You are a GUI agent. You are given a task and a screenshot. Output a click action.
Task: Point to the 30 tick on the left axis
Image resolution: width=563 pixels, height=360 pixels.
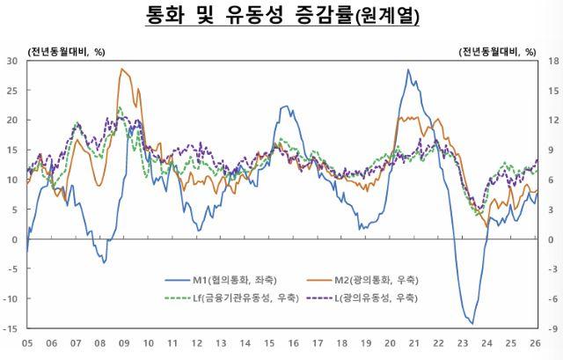pyautogui.click(x=12, y=61)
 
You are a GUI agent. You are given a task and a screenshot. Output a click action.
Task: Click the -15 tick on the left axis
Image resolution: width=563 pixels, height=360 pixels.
pyautogui.click(x=11, y=328)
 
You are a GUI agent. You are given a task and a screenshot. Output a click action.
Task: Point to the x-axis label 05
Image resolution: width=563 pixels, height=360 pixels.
pyautogui.click(x=27, y=343)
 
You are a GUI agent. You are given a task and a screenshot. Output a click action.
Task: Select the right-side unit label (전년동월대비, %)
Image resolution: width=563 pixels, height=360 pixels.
pyautogui.click(x=497, y=50)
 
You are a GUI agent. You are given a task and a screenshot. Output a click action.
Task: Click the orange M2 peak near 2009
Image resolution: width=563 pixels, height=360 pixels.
pyautogui.click(x=122, y=70)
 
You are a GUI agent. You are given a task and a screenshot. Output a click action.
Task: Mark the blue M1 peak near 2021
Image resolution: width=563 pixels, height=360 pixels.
pyautogui.click(x=408, y=70)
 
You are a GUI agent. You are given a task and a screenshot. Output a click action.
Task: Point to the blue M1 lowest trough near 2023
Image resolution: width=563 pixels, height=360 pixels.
pyautogui.click(x=472, y=323)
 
